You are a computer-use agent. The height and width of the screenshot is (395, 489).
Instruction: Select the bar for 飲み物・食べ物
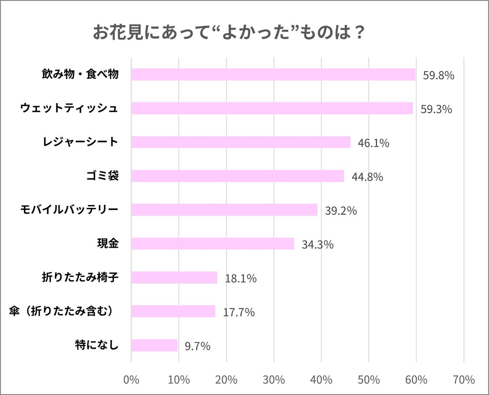click(x=273, y=74)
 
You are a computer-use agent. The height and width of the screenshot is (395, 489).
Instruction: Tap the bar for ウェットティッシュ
click(x=272, y=108)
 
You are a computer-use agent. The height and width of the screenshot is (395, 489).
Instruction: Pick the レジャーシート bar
click(x=241, y=142)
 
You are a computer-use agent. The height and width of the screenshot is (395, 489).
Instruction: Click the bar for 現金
click(x=212, y=243)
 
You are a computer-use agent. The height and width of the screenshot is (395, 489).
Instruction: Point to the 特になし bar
click(x=154, y=345)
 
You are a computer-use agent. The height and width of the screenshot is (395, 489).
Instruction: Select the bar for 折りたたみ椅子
click(x=174, y=277)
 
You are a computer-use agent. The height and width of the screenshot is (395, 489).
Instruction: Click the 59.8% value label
click(x=439, y=75)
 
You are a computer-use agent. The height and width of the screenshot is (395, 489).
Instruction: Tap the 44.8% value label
click(x=367, y=177)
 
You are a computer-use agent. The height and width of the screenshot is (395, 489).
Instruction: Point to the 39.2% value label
click(x=341, y=210)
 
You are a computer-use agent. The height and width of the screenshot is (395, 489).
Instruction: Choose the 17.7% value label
click(x=239, y=312)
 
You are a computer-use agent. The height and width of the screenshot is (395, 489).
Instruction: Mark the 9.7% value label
click(x=198, y=346)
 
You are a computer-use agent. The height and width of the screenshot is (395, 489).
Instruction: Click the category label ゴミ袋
click(x=102, y=176)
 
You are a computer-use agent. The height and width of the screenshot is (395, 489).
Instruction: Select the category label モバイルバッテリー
click(x=69, y=210)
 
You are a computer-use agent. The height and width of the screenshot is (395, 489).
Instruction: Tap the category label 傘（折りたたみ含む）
click(x=62, y=311)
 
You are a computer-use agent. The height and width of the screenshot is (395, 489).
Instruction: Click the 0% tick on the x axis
click(x=131, y=380)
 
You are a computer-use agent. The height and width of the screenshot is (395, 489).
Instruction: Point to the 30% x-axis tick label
click(x=274, y=380)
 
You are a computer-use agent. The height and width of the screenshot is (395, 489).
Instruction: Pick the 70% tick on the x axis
click(x=464, y=380)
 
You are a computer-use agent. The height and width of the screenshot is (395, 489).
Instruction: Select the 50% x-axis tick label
click(x=369, y=380)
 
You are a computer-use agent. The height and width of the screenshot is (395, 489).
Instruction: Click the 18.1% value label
click(x=241, y=278)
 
